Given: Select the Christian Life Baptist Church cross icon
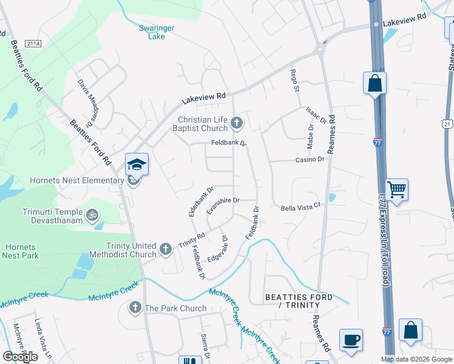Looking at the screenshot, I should pos(237,124).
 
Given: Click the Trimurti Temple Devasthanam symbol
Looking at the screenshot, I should pos(92,214).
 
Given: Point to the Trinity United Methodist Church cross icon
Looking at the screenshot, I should pos(165,249).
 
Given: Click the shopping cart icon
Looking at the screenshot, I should pos(396,190).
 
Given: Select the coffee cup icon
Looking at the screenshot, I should pos(350,340).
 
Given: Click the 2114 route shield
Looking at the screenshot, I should pos(33,43).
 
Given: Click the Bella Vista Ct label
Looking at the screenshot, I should pos(300,207).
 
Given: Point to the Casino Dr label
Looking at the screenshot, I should pos(311,159).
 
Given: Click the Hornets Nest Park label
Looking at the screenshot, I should pos(21,252).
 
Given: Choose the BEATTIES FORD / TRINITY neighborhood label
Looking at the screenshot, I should pos(299,302).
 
